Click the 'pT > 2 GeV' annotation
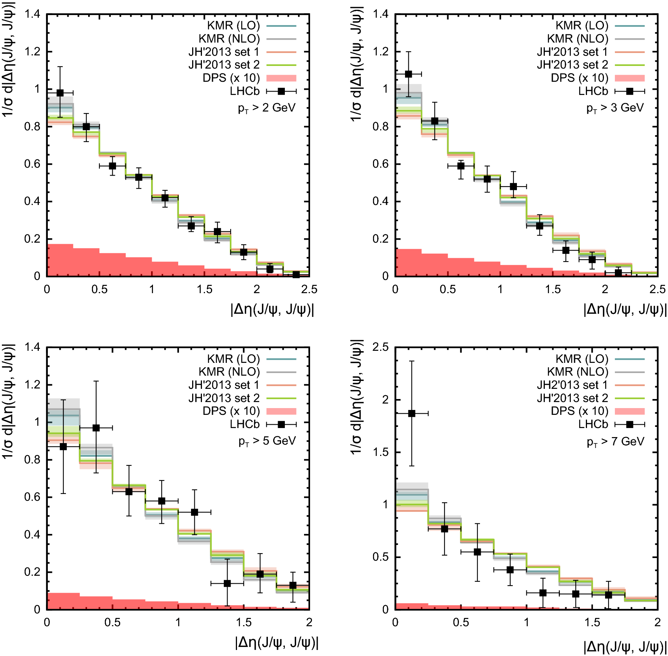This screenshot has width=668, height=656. point(267,108)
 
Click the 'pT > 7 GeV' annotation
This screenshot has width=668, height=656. point(615,441)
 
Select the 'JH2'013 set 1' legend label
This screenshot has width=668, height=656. point(572,385)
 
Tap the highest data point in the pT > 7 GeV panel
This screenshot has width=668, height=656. point(412,413)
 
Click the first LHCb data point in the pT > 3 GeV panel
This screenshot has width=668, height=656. point(408,74)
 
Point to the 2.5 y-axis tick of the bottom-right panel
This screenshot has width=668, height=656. point(380,347)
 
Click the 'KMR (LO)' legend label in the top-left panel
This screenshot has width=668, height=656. point(234,26)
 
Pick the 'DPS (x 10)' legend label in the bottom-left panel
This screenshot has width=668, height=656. point(231,411)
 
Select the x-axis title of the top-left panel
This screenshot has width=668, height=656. point(272,309)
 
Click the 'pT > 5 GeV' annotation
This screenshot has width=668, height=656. point(267,441)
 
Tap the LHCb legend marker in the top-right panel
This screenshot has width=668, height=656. point(630,91)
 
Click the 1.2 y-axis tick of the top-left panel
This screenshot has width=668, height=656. point(32,52)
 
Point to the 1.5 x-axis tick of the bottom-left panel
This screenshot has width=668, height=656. point(243,622)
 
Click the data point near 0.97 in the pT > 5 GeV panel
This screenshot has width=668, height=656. point(96,428)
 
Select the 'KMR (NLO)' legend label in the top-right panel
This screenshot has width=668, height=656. point(578,39)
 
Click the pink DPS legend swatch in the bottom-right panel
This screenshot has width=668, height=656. point(630,411)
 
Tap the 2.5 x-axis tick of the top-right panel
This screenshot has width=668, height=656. point(657,289)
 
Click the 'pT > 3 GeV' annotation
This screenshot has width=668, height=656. point(615,108)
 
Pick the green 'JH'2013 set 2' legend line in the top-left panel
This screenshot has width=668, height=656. point(281,65)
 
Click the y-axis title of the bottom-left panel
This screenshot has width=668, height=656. point(8,401)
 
